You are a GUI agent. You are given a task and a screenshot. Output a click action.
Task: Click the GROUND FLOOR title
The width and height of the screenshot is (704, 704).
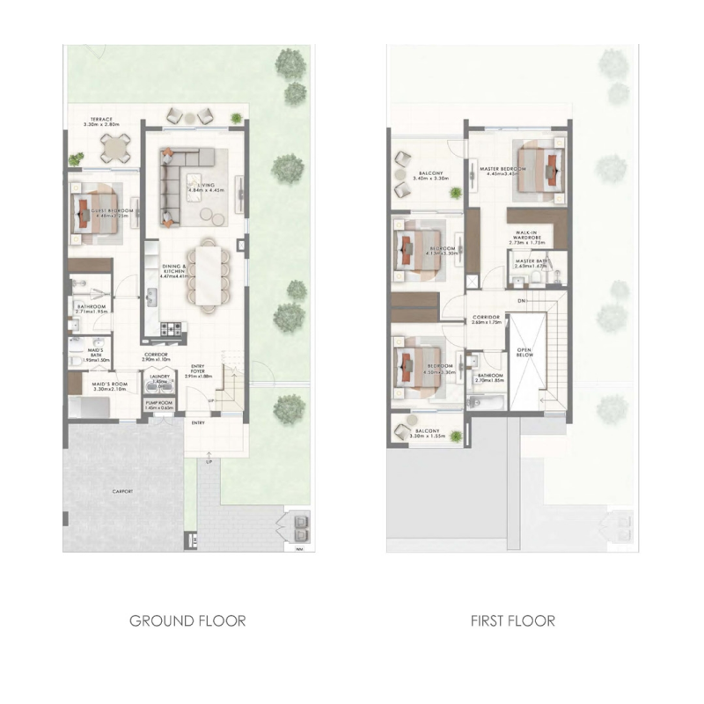pos(187,620)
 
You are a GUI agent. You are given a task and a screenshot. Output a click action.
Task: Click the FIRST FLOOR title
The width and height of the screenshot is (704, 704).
pos(512,620)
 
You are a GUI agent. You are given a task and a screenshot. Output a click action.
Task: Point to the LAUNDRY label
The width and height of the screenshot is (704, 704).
pos(159,379)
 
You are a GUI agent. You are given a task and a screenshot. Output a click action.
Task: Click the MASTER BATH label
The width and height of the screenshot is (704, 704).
pos(532,262)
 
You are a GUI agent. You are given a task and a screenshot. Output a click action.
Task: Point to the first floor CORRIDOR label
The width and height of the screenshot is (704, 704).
pos(486,319)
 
